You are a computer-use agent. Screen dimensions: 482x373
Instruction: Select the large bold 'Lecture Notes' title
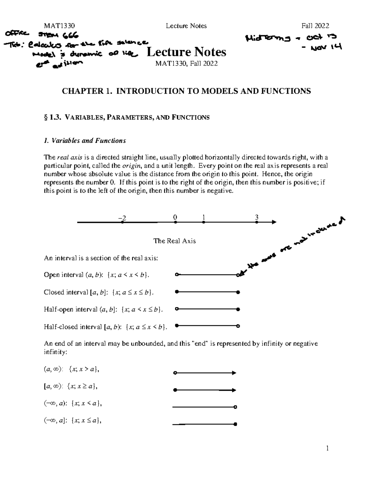pos(186,52)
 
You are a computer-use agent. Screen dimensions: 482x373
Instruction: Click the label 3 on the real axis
pos(256,217)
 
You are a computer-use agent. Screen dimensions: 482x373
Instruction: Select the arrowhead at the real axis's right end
pos(274,222)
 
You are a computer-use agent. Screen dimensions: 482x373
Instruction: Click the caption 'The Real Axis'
pos(174,241)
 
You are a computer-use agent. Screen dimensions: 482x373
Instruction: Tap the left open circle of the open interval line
pos(176,275)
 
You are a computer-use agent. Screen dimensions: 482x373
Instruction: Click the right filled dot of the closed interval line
pos(238,292)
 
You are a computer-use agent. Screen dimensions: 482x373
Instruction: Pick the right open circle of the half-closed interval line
pos(238,326)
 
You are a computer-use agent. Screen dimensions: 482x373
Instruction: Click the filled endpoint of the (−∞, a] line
pos(235,424)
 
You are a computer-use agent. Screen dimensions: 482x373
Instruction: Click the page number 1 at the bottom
pos(327,448)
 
